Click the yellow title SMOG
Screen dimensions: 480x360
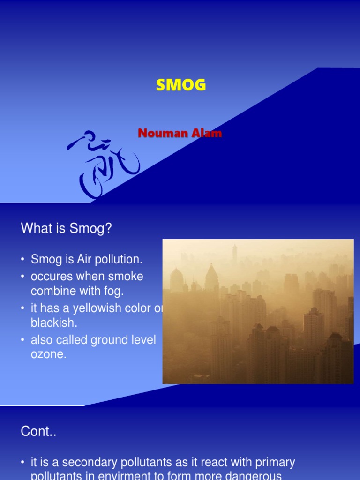click(x=180, y=85)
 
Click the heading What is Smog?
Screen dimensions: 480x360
click(x=66, y=229)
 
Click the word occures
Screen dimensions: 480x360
click(x=52, y=276)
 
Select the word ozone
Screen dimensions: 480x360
click(x=49, y=355)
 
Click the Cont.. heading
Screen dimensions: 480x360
click(x=38, y=432)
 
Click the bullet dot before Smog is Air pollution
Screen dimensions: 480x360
click(x=22, y=259)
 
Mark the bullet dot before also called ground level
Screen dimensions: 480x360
click(x=22, y=340)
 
